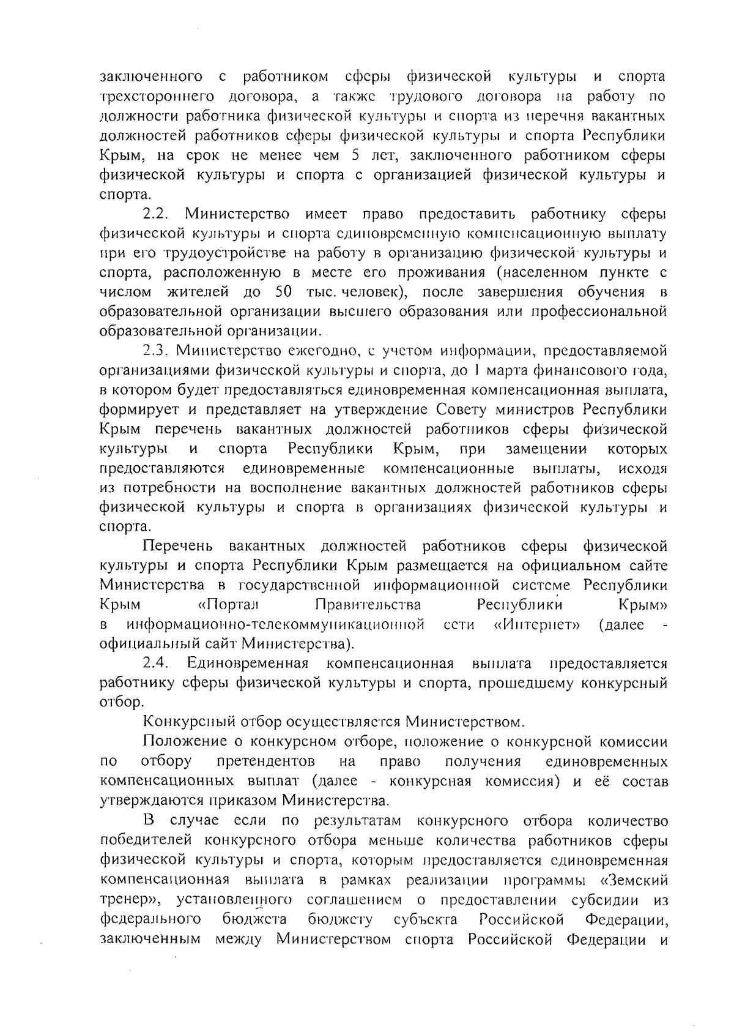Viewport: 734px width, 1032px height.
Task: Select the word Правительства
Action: (368, 605)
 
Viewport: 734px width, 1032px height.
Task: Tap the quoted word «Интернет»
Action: (536, 625)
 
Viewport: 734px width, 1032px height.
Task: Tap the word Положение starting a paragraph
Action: (182, 742)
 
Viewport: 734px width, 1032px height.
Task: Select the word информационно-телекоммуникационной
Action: (275, 625)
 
